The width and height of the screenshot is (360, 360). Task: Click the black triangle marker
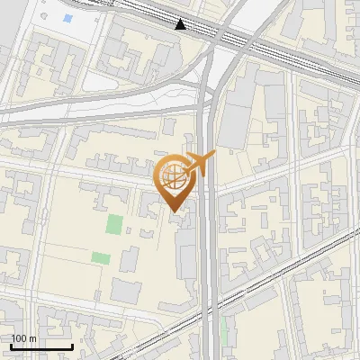pyautogui.click(x=182, y=24)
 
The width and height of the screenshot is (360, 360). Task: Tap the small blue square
pyautogui.click(x=68, y=19)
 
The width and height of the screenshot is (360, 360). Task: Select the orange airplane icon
pyautogui.click(x=200, y=163)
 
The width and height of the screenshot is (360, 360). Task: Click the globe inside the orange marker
pyautogui.click(x=175, y=177)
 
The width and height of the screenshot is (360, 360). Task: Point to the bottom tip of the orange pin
pyautogui.click(x=175, y=212)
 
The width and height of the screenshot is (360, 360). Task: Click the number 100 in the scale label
pyautogui.click(x=19, y=338)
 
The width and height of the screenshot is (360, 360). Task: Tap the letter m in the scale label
pyautogui.click(x=32, y=338)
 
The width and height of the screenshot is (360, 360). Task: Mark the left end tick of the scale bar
pyautogui.click(x=12, y=346)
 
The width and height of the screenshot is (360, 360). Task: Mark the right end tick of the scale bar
pyautogui.click(x=72, y=346)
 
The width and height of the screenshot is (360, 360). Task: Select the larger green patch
pyautogui.click(x=114, y=224)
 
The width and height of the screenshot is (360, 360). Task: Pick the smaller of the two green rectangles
pyautogui.click(x=101, y=258)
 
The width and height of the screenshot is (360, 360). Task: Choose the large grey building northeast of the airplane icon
pyautogui.click(x=236, y=121)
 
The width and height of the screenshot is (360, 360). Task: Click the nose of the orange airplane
pyautogui.click(x=214, y=156)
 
